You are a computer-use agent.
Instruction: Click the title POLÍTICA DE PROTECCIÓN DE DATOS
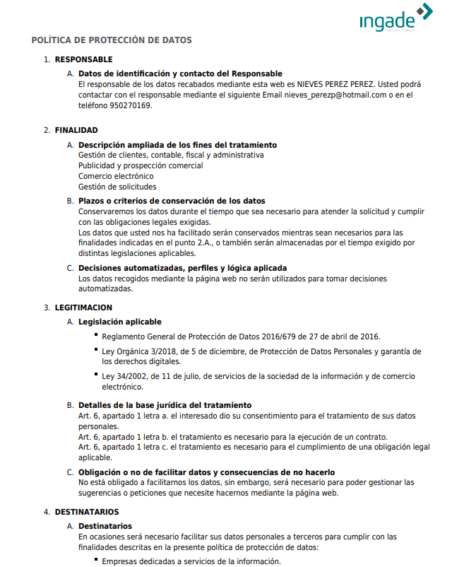tap(112, 40)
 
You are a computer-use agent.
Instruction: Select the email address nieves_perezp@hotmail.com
tap(335, 95)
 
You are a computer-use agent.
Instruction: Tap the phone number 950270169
tap(132, 105)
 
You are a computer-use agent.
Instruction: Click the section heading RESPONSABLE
tap(83, 59)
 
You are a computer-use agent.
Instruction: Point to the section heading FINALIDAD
tap(76, 130)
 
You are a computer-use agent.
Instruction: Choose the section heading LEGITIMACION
tap(83, 308)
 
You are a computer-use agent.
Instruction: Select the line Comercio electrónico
tap(116, 176)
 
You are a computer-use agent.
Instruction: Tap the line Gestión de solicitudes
tap(117, 187)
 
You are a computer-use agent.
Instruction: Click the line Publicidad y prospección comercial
tap(141, 165)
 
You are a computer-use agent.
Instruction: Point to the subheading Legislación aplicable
tap(120, 322)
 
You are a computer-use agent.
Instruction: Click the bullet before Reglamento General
tap(95, 336)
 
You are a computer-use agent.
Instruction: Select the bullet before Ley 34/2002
tap(95, 376)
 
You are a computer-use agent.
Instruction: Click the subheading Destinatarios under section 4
tap(105, 526)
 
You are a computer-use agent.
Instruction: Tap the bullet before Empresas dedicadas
tap(95, 561)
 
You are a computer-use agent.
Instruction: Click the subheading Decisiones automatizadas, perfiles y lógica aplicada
tap(182, 268)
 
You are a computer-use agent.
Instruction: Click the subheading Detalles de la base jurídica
tap(165, 405)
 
